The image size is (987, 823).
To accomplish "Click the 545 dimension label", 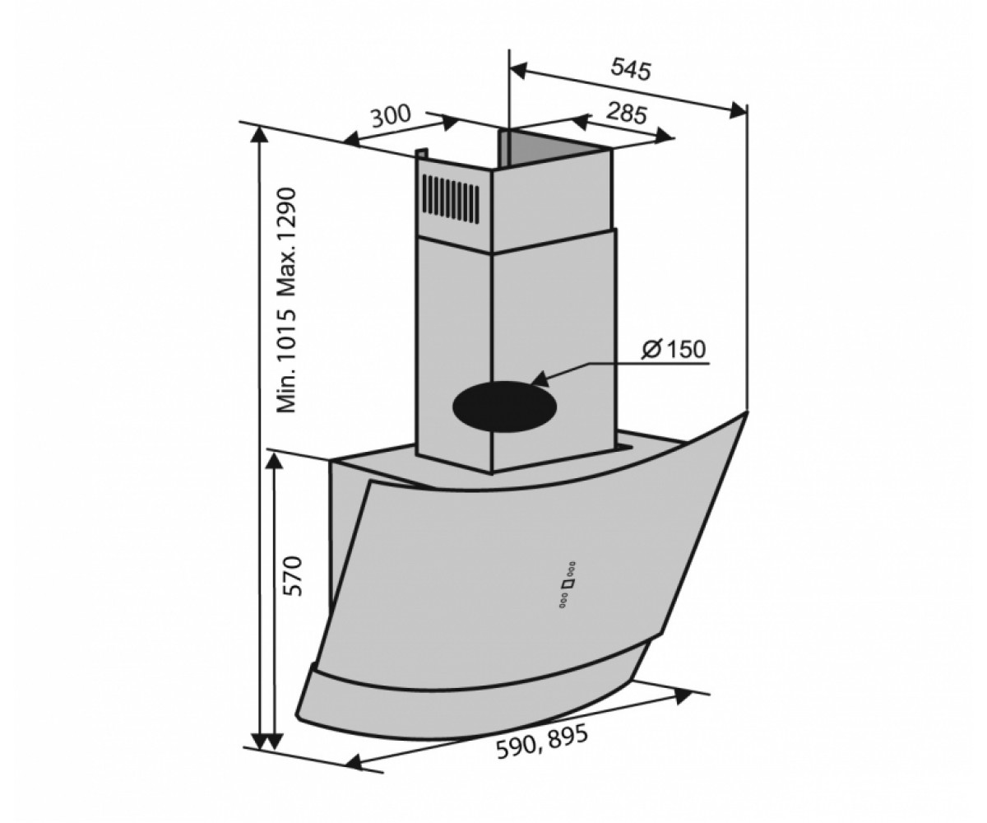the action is coord(631,70).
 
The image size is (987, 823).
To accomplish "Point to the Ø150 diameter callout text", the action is coord(673,350).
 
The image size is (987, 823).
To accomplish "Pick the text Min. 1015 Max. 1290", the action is coord(286,301).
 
